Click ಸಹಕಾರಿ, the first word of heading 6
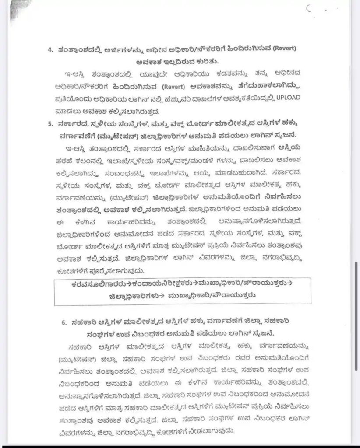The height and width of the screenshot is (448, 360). coord(79,322)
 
